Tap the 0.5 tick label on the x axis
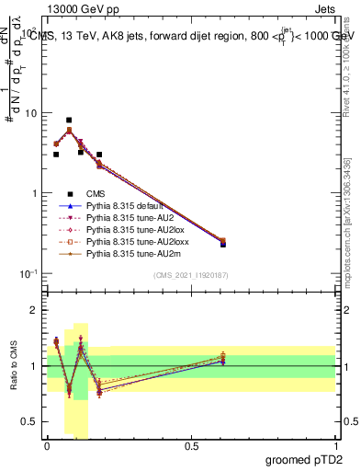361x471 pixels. [x=191, y=446]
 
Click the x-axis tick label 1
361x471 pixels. [x=336, y=446]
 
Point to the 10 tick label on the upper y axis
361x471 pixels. [x=30, y=113]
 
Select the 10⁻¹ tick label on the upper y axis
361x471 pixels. [x=28, y=274]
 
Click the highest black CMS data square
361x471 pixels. [x=69, y=120]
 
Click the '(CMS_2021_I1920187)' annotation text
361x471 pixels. [x=191, y=275]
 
